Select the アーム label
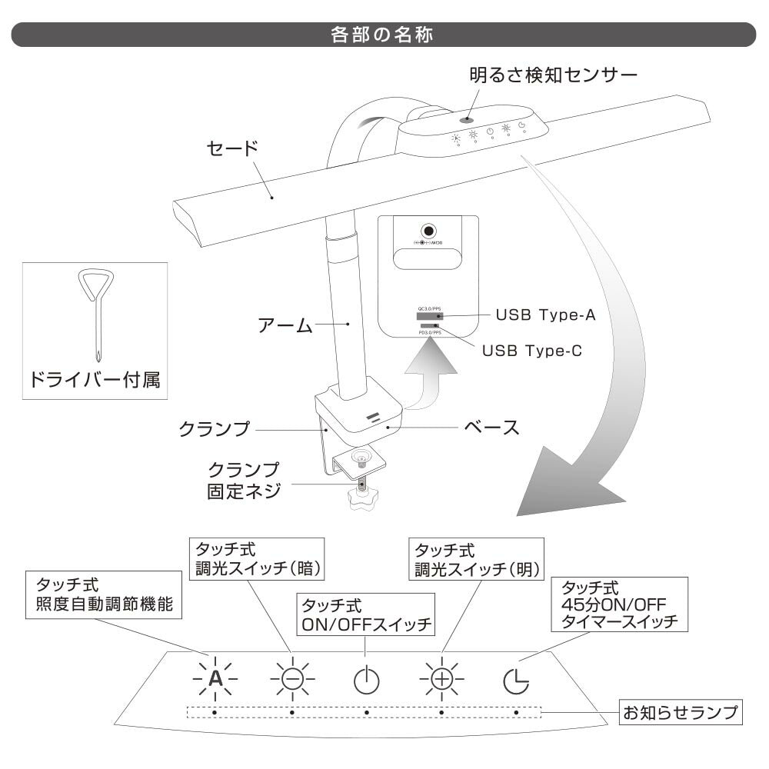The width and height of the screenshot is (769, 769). point(284,325)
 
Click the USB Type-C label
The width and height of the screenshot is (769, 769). point(531,351)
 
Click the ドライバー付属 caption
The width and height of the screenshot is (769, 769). point(95,380)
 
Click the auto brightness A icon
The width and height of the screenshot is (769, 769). point(216,678)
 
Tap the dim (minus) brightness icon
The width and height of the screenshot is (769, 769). point(292,678)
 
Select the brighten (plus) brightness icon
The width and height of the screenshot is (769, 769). point(442,678)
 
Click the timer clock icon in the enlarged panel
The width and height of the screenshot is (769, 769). point(517,680)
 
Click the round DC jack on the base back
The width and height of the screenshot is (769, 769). point(427,231)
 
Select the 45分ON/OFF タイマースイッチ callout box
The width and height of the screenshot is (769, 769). point(620,607)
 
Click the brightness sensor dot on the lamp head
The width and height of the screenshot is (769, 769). point(466,120)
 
